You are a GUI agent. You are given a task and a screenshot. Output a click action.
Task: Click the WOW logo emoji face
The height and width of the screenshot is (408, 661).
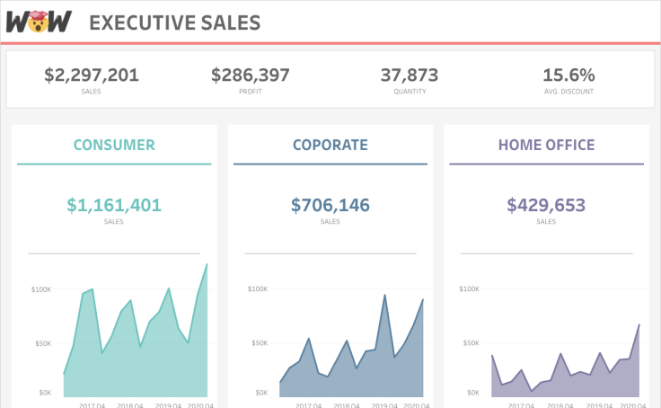[x=38, y=22]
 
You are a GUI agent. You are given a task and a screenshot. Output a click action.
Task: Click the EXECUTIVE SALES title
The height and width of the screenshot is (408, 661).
[x=175, y=22]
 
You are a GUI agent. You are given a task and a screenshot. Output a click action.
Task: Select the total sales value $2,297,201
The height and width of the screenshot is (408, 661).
[x=92, y=75]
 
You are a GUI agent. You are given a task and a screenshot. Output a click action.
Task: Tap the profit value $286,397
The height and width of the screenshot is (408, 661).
[x=251, y=75]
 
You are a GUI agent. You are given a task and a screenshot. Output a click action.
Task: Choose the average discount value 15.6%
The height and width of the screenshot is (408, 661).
[x=568, y=75]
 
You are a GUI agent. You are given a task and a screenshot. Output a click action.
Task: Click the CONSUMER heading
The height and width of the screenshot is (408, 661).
[x=114, y=145]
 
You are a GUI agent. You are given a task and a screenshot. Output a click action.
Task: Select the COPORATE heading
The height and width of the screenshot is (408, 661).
[x=330, y=145]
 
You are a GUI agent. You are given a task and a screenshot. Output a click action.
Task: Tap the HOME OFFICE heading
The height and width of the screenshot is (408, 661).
[x=546, y=145]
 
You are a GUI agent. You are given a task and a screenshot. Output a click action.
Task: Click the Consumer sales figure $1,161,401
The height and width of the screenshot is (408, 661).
[x=114, y=205]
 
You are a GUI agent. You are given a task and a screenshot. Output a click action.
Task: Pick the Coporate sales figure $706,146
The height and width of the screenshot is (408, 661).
[x=330, y=205]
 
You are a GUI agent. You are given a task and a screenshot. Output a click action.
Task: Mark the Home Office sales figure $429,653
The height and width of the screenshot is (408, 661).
[x=546, y=205]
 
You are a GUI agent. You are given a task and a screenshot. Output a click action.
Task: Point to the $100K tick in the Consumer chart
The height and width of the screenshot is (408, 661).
[x=41, y=289]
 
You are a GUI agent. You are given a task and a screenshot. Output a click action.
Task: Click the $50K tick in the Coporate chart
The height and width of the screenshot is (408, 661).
[x=258, y=343]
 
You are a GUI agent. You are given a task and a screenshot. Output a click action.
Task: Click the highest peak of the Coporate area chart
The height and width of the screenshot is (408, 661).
[x=385, y=295]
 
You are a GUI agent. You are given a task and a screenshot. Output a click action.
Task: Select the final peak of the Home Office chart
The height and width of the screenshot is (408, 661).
[x=639, y=324]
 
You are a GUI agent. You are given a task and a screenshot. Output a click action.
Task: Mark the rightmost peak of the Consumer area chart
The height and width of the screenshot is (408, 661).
[x=207, y=264]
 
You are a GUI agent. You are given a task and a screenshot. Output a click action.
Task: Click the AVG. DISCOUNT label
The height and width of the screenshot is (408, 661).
[x=568, y=92]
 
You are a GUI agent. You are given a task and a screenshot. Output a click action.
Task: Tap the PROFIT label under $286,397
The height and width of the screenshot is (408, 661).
[x=251, y=92]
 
